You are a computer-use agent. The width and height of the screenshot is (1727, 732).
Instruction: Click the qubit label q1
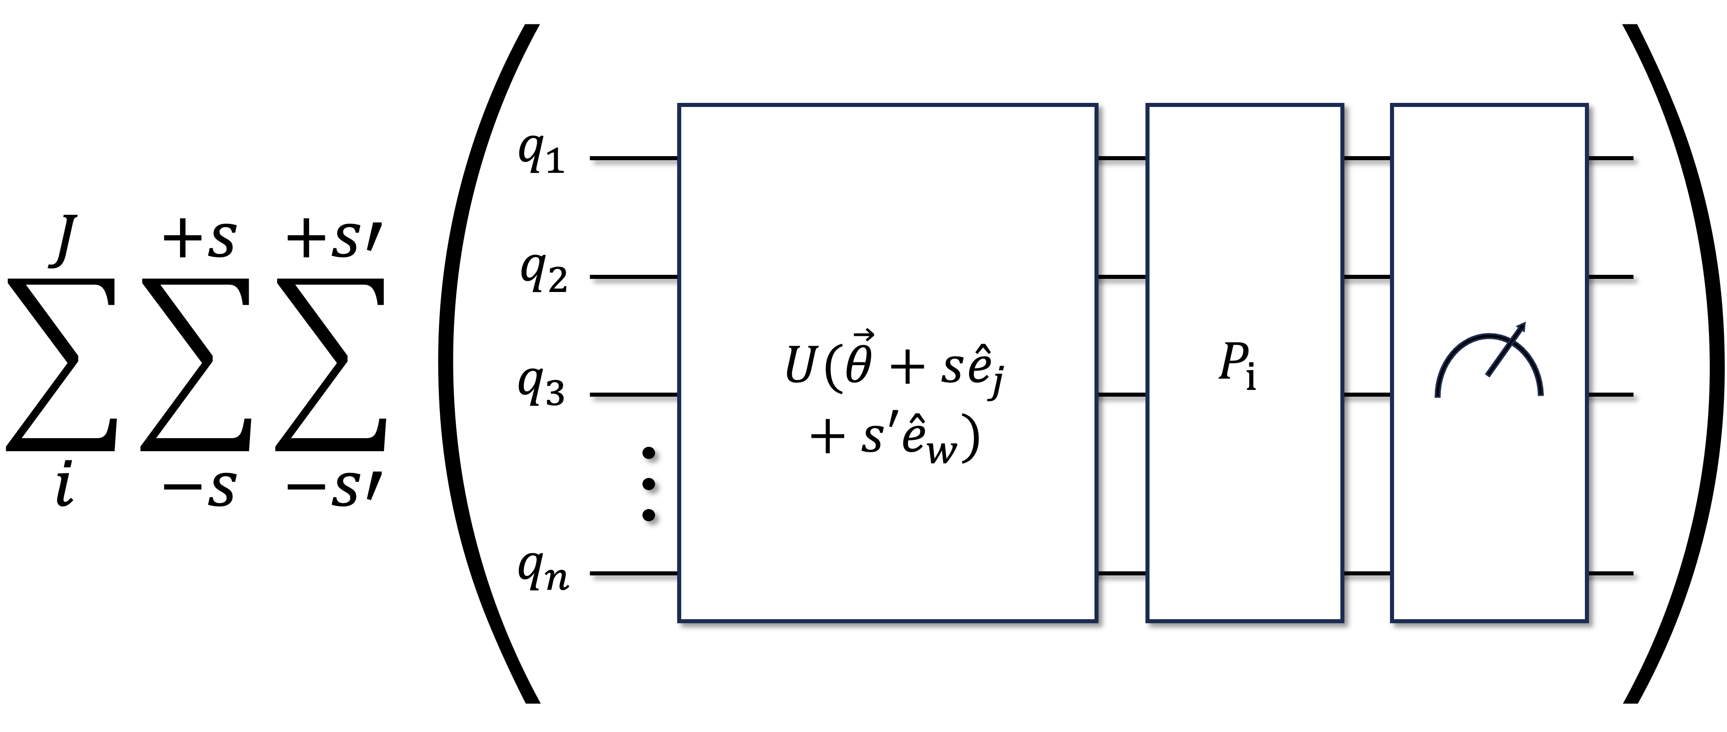click(541, 157)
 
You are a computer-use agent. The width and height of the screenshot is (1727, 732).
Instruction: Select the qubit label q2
click(544, 274)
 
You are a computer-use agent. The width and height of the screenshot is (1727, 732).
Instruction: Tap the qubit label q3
click(541, 391)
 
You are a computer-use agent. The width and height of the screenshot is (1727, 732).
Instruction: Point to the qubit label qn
click(543, 573)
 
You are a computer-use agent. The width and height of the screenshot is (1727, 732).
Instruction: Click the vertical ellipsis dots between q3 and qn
click(648, 484)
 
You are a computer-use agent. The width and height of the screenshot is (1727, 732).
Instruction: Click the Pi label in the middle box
click(1238, 366)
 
